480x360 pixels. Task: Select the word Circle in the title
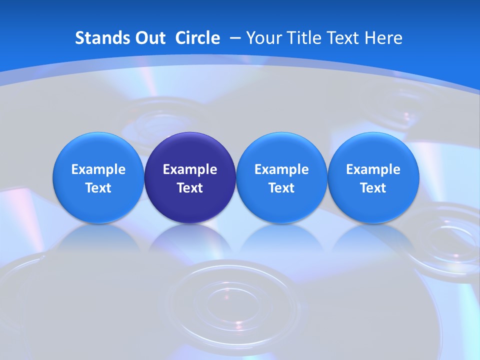(x=197, y=38)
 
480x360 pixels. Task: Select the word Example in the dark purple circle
(x=190, y=169)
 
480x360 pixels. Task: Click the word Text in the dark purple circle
(x=190, y=188)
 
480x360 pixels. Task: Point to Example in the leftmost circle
(x=98, y=169)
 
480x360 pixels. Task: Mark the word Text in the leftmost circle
(x=98, y=188)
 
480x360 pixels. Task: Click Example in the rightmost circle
(x=373, y=169)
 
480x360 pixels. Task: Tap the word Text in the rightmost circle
(x=373, y=188)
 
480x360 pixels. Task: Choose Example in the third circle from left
(x=281, y=169)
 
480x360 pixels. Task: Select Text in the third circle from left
(x=281, y=188)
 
